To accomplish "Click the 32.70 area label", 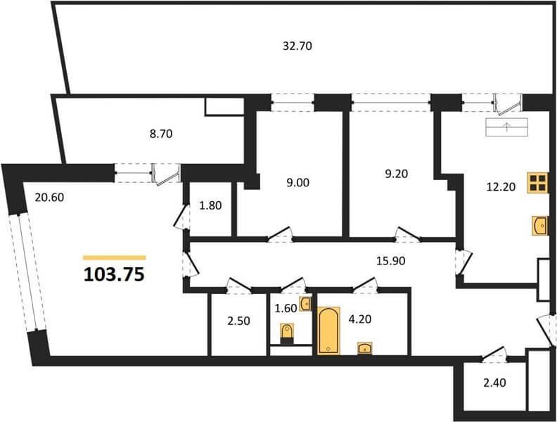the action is [297, 46].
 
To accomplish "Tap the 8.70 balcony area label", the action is [161, 134].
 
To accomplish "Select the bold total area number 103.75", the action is [115, 274].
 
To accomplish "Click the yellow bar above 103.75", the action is [115, 258].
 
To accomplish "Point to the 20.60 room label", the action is [49, 197].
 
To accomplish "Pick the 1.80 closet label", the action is [210, 205].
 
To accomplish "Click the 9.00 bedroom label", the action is [297, 183].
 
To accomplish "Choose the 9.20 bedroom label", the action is [397, 174].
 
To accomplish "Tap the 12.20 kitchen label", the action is [501, 186].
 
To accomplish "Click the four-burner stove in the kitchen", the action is [537, 183].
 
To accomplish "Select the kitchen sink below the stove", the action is [540, 226].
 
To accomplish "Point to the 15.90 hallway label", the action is [391, 261].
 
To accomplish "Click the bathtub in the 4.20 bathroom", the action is [329, 331].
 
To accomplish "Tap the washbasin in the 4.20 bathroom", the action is [365, 347].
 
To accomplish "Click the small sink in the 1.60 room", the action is [306, 304].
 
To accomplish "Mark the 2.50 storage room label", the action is [238, 321].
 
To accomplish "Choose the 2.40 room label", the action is [494, 383].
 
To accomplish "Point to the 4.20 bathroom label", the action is [360, 319].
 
